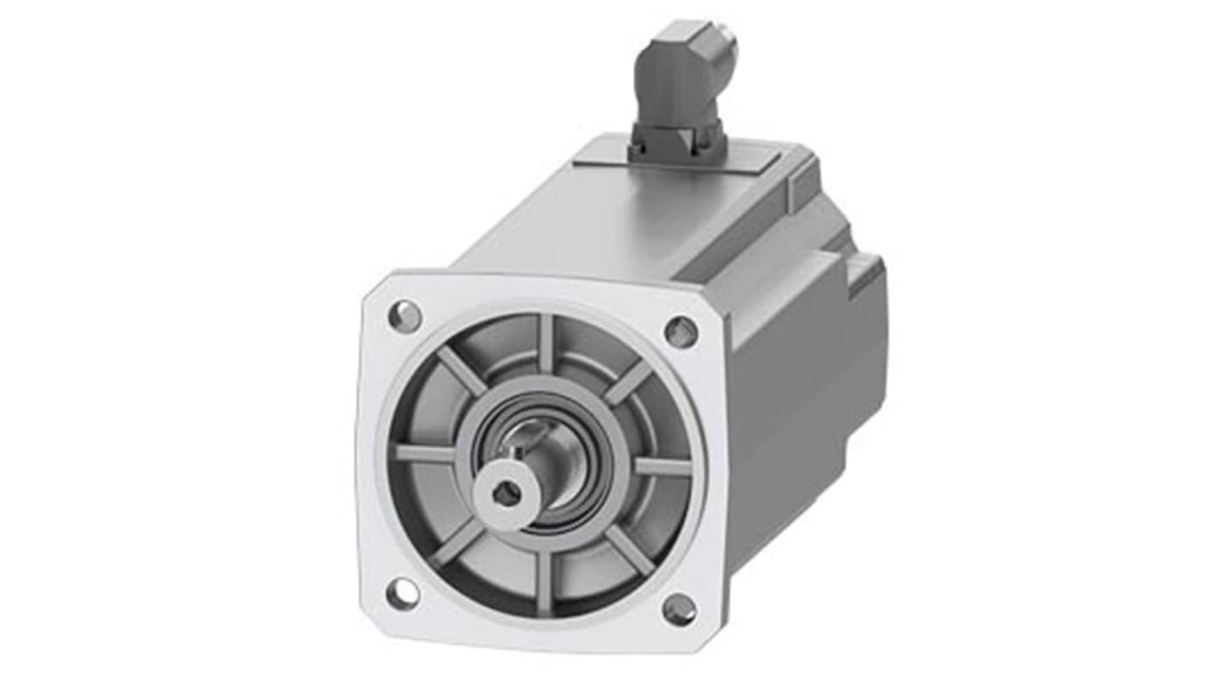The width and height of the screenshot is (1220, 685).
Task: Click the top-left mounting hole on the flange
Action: tap(405, 317)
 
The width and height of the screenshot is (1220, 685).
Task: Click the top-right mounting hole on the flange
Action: tap(680, 331)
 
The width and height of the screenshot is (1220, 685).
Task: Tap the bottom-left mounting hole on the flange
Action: tap(402, 593)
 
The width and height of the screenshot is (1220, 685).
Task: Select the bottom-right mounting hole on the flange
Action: tap(679, 609)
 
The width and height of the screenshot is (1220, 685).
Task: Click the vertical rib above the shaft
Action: tap(546, 343)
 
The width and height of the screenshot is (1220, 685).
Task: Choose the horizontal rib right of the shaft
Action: tap(662, 467)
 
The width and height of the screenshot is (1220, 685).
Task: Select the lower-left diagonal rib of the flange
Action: tap(456, 543)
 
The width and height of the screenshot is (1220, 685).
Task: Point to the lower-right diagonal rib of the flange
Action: tap(630, 549)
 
